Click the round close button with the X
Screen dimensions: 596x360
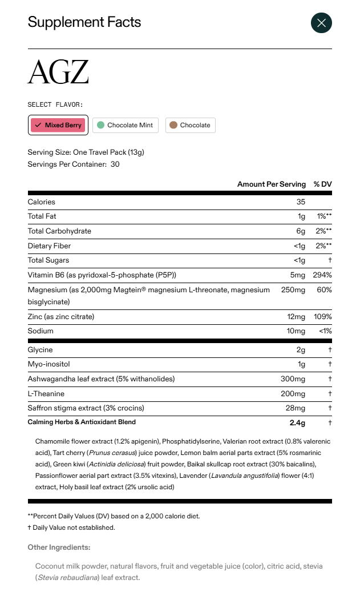click(321, 23)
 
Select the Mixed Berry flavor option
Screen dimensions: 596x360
click(58, 125)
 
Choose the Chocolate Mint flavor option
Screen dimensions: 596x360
click(125, 125)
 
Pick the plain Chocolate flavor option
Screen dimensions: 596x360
click(191, 125)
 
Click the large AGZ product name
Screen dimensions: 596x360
click(58, 73)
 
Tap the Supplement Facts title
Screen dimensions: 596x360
click(84, 22)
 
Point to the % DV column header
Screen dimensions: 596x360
click(322, 184)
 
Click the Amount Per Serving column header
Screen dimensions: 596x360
click(271, 184)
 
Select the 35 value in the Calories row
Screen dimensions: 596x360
click(301, 202)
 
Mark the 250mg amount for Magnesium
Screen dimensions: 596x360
click(293, 290)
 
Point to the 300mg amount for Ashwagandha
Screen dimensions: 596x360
click(293, 379)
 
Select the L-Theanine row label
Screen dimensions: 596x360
click(46, 394)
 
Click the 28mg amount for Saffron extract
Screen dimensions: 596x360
click(296, 408)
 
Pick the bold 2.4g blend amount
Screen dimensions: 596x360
click(297, 423)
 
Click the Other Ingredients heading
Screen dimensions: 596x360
click(59, 547)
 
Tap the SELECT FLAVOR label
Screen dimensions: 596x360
click(55, 104)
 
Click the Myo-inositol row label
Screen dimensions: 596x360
click(48, 364)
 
